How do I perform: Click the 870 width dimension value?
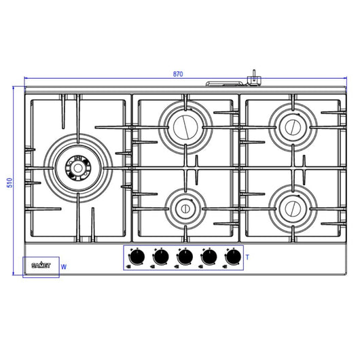click(x=179, y=74)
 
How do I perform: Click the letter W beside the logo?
click(x=63, y=267)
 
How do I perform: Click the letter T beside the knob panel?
click(x=248, y=257)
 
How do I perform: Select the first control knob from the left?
click(x=137, y=257)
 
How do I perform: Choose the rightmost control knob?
click(x=233, y=257)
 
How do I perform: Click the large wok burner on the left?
click(x=77, y=167)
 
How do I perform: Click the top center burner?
click(x=185, y=125)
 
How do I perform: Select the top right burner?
click(x=293, y=125)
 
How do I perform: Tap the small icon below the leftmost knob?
click(x=129, y=268)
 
